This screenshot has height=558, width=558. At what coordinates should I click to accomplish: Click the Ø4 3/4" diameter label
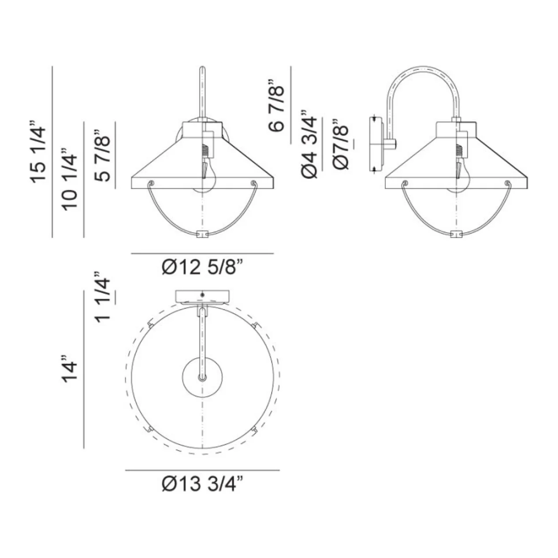pyautogui.click(x=309, y=144)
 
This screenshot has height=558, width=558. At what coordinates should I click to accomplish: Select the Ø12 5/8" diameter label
pyautogui.click(x=202, y=268)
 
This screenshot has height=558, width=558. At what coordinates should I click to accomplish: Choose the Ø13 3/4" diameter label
pyautogui.click(x=202, y=484)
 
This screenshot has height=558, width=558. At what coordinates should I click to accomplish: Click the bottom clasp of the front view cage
pyautogui.click(x=201, y=234)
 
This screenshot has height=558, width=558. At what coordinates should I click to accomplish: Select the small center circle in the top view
pyautogui.click(x=202, y=376)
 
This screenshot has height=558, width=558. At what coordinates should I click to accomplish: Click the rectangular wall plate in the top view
pyautogui.click(x=202, y=296)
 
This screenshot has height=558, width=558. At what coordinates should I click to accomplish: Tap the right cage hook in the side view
pyautogui.click(x=507, y=182)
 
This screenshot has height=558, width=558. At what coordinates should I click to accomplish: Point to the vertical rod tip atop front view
pyautogui.click(x=202, y=69)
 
